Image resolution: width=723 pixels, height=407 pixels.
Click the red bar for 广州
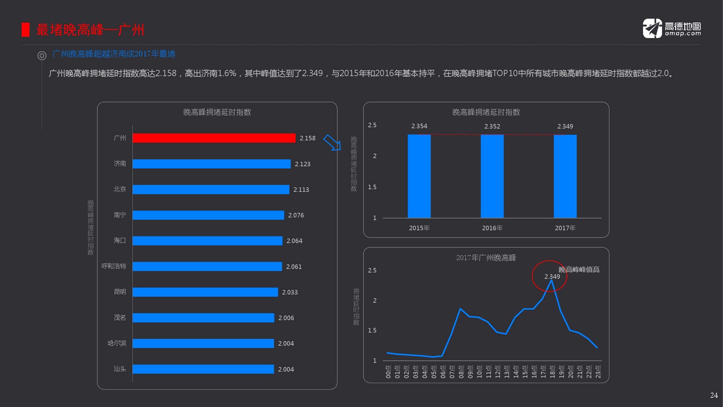point(214,138)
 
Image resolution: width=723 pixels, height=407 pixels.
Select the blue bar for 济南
point(211,164)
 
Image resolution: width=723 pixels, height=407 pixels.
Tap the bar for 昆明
point(205,292)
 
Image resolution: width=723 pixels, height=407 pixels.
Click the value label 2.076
point(296,215)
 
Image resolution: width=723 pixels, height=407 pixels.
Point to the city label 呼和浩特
point(114,266)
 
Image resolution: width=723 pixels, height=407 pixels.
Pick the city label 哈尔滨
point(117,343)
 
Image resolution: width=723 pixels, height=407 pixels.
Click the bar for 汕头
point(203,369)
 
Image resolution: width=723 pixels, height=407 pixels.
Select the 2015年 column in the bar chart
point(419,176)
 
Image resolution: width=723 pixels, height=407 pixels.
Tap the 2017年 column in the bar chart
point(565,176)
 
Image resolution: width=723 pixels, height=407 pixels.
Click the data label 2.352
point(492,126)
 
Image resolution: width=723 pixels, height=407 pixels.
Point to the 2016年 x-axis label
point(492,228)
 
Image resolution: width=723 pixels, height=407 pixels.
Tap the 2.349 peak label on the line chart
point(552,277)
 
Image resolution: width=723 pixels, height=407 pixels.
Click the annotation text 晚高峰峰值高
point(579,270)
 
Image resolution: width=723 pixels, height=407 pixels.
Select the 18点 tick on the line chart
point(552,372)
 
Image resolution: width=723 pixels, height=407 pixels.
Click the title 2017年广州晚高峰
point(486,258)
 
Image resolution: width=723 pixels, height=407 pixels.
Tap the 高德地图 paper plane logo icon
point(652,29)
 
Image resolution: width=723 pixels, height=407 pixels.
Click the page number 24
point(714,395)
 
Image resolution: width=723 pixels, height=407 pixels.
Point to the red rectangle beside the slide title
point(26,30)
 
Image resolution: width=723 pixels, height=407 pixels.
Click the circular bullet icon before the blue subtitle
point(42,56)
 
